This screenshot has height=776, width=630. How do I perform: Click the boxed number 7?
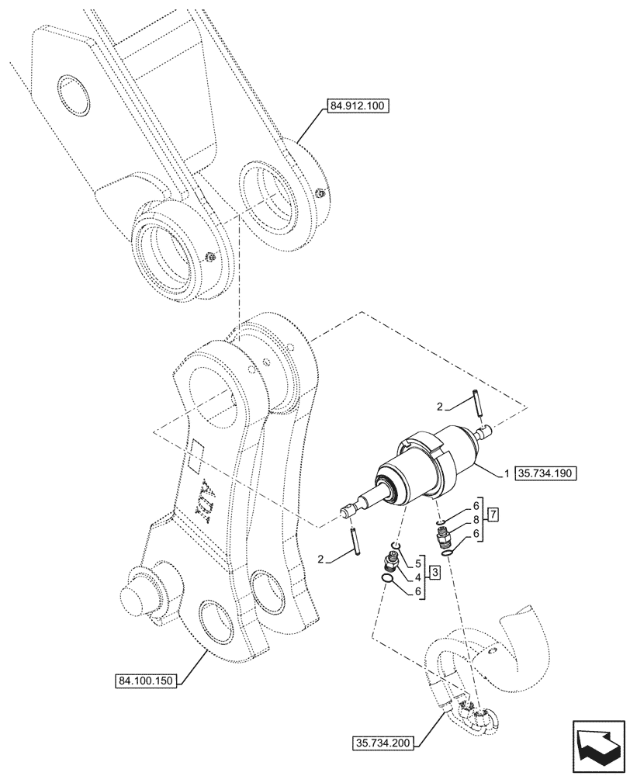pos(493,514)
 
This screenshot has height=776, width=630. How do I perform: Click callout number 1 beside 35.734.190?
pos(507,471)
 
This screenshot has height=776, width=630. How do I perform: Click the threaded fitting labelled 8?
pos(442,535)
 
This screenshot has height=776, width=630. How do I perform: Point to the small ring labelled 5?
pos(396,548)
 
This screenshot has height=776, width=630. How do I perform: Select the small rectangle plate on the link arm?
pos(196,452)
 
